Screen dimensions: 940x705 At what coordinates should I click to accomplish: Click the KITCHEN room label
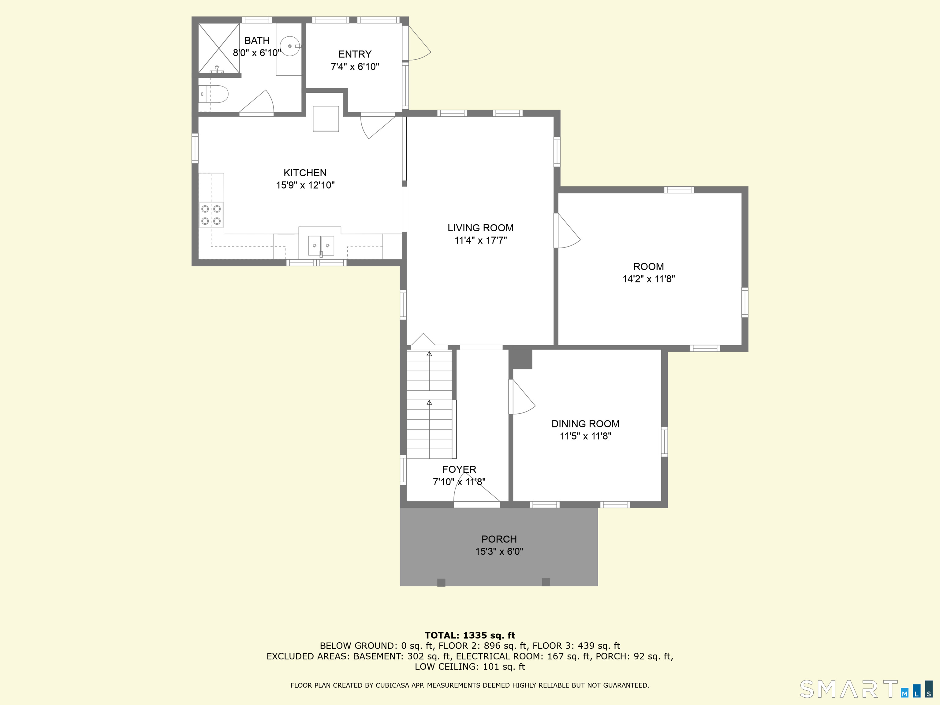[x=305, y=173]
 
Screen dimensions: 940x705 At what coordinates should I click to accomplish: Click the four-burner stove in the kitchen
[x=211, y=215]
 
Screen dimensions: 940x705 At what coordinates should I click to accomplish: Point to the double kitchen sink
[x=321, y=246]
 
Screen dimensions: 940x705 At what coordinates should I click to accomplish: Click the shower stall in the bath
[x=219, y=48]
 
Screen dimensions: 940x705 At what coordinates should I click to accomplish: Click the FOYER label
[x=459, y=470]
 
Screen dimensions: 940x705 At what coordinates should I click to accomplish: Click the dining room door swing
[x=522, y=397]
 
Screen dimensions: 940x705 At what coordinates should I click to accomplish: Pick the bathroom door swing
[x=257, y=103]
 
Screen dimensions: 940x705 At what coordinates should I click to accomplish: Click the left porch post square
[x=442, y=582]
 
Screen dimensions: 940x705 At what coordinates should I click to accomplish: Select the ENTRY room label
[x=355, y=54]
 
